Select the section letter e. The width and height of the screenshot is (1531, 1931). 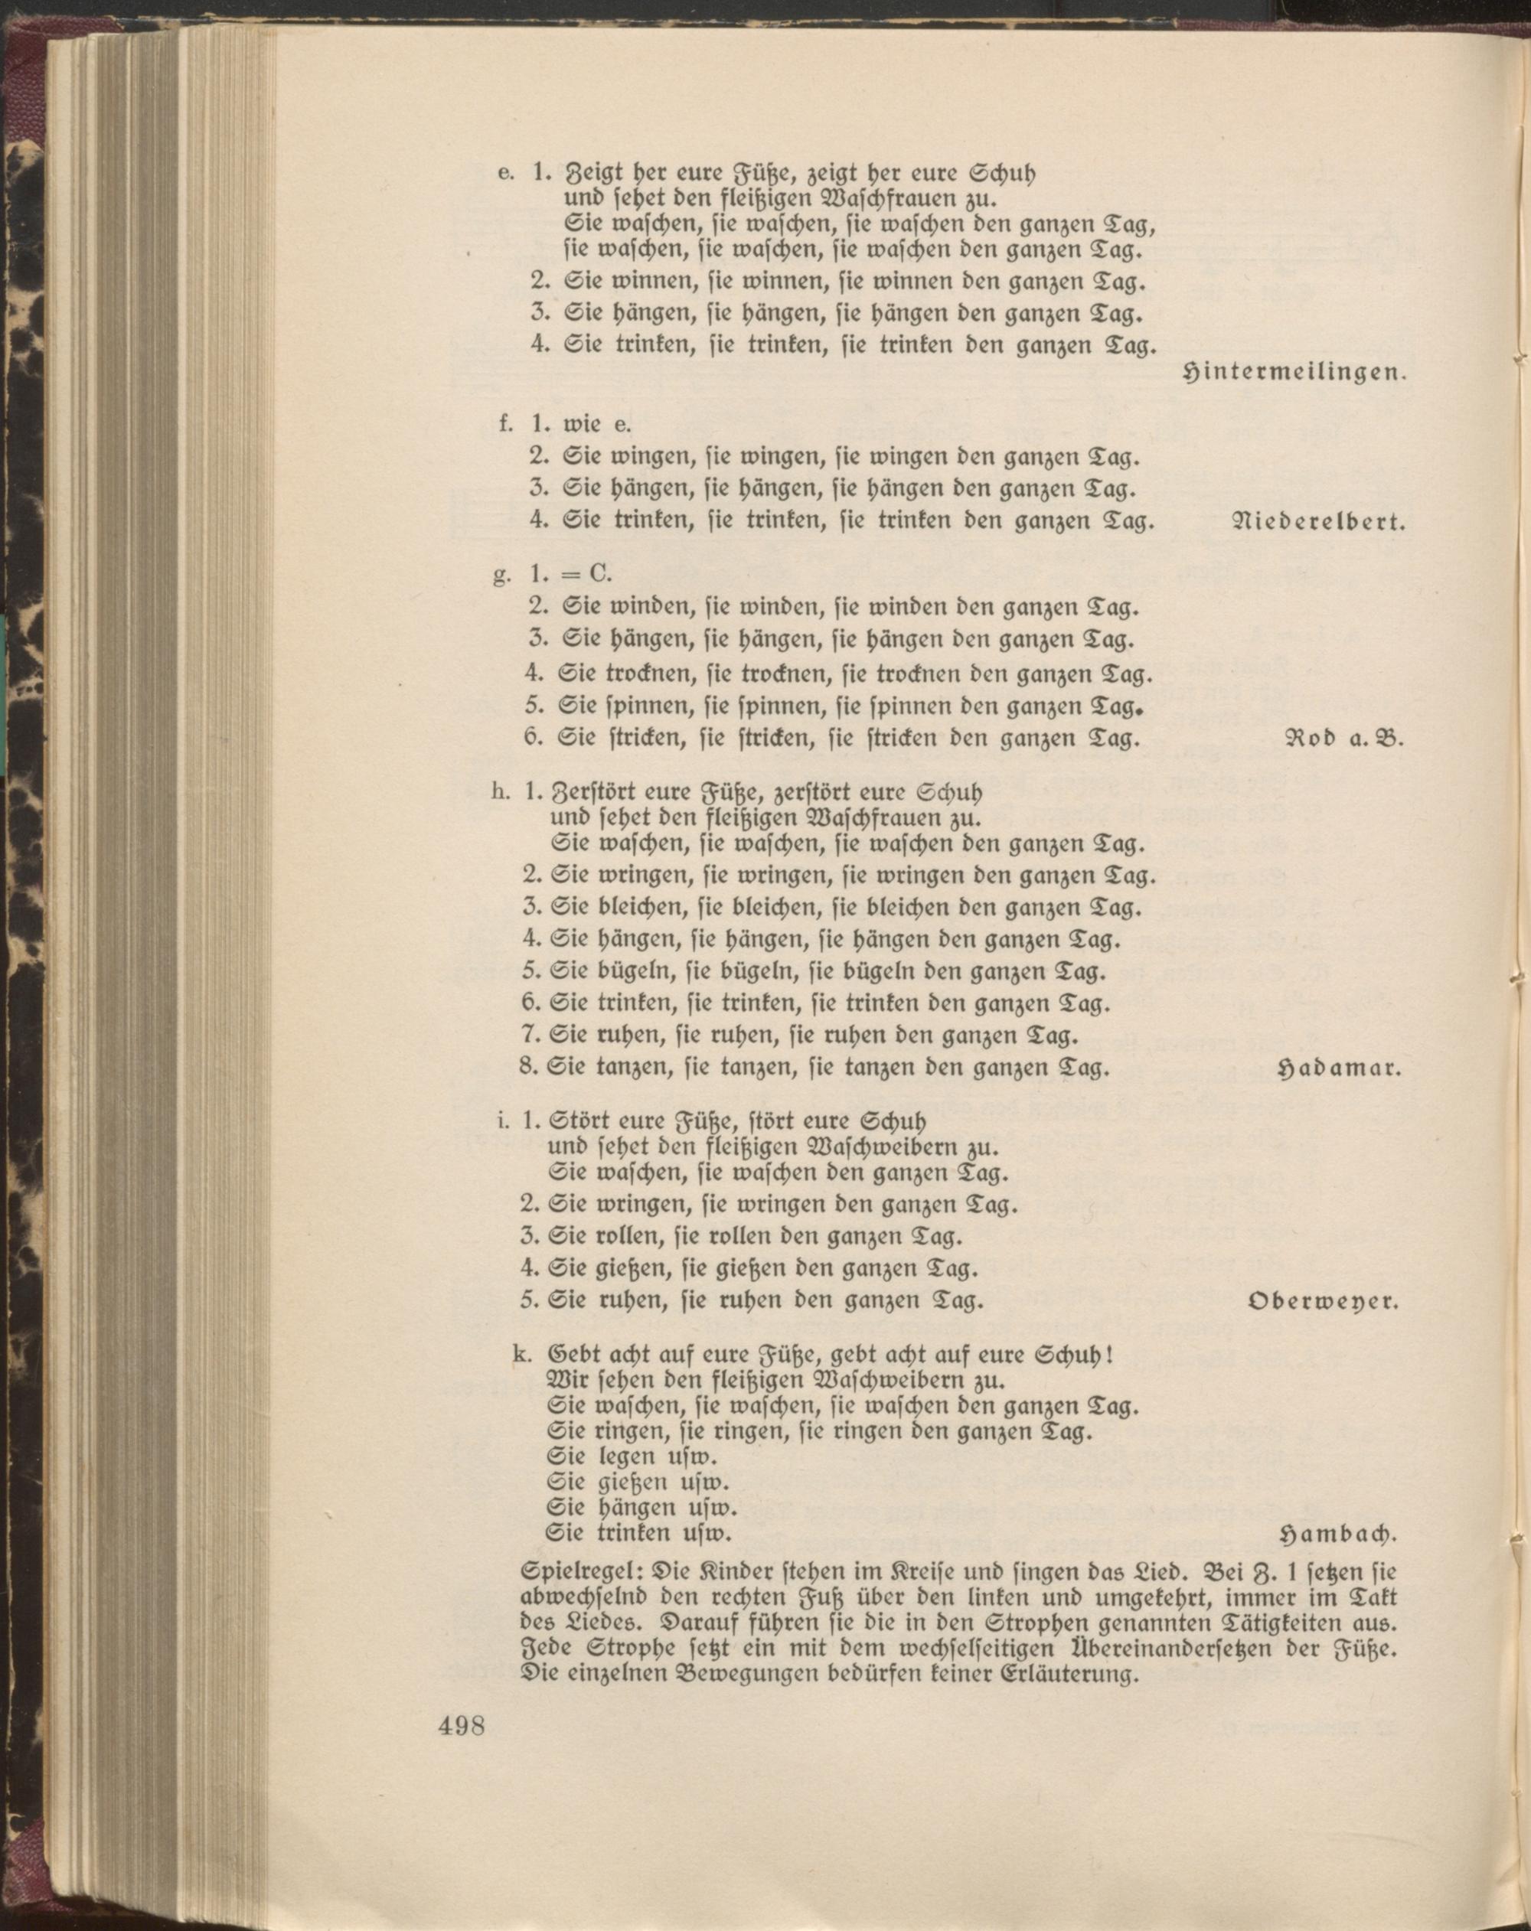pyautogui.click(x=504, y=173)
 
